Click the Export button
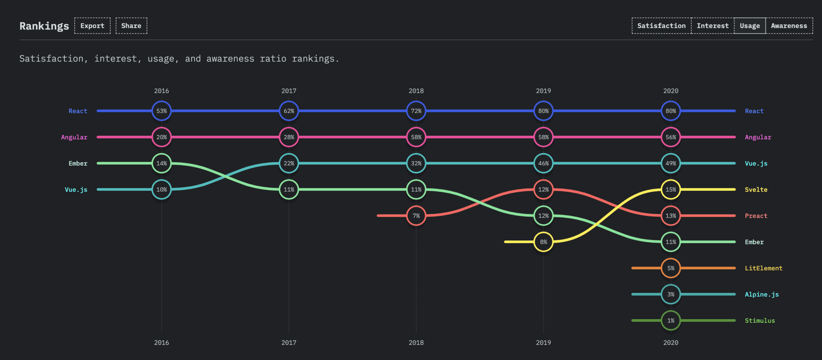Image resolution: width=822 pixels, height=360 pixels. [x=92, y=26]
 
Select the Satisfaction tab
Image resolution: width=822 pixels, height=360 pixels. [x=661, y=26]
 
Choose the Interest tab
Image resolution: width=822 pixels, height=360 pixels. [x=712, y=26]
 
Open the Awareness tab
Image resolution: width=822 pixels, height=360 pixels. [x=789, y=26]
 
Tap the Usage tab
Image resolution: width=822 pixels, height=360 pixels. [x=750, y=26]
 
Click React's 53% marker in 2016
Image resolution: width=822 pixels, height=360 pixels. [x=162, y=111]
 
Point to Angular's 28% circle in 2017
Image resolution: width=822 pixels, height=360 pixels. [x=289, y=137]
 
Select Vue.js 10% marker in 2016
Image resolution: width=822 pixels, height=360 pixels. [x=162, y=189]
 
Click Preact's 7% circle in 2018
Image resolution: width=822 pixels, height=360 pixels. [x=416, y=216]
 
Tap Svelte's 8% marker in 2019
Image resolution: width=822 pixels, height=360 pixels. [x=543, y=242]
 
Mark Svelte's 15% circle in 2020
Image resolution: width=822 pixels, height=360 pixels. [x=671, y=189]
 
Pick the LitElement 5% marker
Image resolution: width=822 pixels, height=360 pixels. [x=671, y=268]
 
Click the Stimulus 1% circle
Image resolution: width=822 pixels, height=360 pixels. [x=671, y=321]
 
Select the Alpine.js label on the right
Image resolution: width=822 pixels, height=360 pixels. [x=761, y=295]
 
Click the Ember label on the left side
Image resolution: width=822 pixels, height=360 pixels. [x=78, y=163]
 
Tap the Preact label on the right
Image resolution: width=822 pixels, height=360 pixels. [x=756, y=216]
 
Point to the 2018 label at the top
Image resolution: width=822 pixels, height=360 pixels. [x=416, y=91]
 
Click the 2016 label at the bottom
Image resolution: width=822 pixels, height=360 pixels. [x=162, y=342]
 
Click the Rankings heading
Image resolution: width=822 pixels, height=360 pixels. [x=44, y=26]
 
